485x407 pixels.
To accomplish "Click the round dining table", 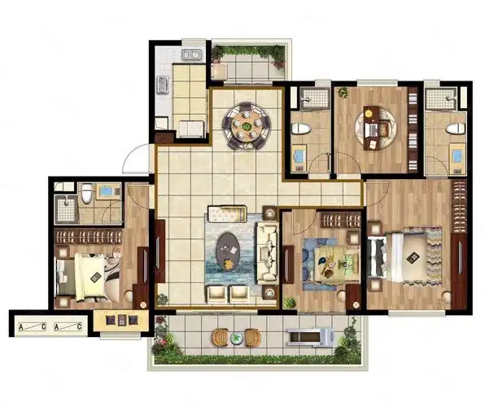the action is point(247,125).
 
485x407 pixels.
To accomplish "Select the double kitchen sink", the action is point(191,55).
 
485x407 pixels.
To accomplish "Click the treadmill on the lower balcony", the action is point(310,337).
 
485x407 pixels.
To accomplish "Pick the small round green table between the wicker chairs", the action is point(237,337).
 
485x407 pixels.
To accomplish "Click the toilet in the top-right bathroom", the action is point(456,128).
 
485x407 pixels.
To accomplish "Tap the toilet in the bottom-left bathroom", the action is point(87,193).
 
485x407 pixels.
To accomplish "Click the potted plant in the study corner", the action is point(343,92).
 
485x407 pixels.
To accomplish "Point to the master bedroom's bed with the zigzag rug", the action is point(402,257).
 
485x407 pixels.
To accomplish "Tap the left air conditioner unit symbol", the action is point(33,326).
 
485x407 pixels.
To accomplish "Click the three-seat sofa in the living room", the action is point(266,253).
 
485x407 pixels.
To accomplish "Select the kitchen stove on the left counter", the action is point(163,85).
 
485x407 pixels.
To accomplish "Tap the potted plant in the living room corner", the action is point(163,300).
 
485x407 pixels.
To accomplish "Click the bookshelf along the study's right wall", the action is point(413,129).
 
